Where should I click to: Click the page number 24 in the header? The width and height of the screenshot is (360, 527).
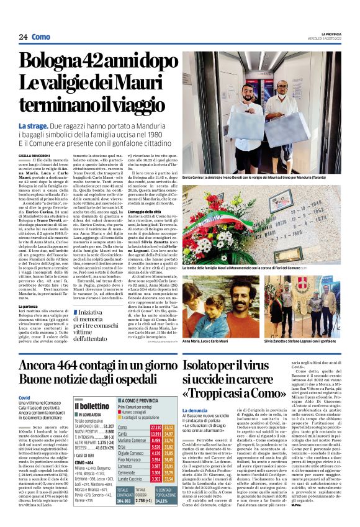click(x=23, y=37)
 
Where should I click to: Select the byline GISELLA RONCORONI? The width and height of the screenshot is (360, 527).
click(x=34, y=155)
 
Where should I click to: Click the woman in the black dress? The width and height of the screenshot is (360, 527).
click(x=306, y=310)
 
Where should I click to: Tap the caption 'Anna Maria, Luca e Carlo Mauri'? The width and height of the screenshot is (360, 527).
click(x=205, y=341)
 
